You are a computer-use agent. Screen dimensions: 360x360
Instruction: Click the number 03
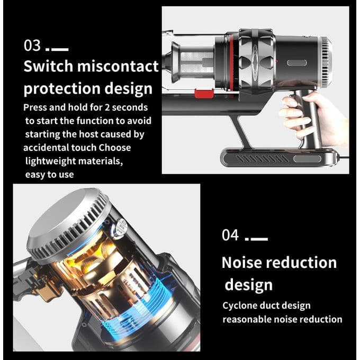point(32,46)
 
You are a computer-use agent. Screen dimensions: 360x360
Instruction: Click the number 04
point(230,235)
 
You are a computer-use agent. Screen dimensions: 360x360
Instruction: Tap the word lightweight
point(51,161)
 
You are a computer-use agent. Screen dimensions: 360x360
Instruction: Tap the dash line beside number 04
point(258,239)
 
